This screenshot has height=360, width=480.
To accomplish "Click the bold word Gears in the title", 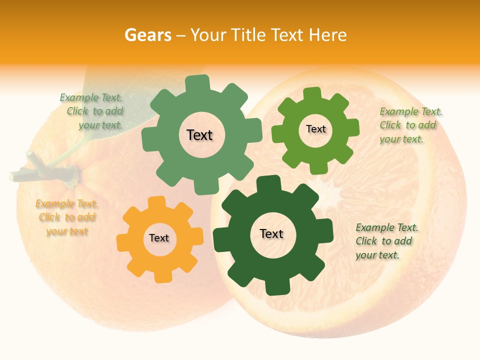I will (x=147, y=35).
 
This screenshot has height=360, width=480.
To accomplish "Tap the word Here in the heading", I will (x=327, y=35).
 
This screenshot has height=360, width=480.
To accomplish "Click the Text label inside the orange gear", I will (x=159, y=238).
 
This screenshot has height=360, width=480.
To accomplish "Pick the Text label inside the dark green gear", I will (x=271, y=234).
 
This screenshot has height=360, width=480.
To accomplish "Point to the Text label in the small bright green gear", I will (x=315, y=129).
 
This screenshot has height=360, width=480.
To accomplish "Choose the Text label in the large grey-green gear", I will (x=199, y=135).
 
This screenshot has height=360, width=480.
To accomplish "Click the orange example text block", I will (x=67, y=217).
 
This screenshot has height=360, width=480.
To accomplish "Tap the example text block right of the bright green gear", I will (x=410, y=125).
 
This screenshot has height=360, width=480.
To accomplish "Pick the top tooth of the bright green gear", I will (x=312, y=94).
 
